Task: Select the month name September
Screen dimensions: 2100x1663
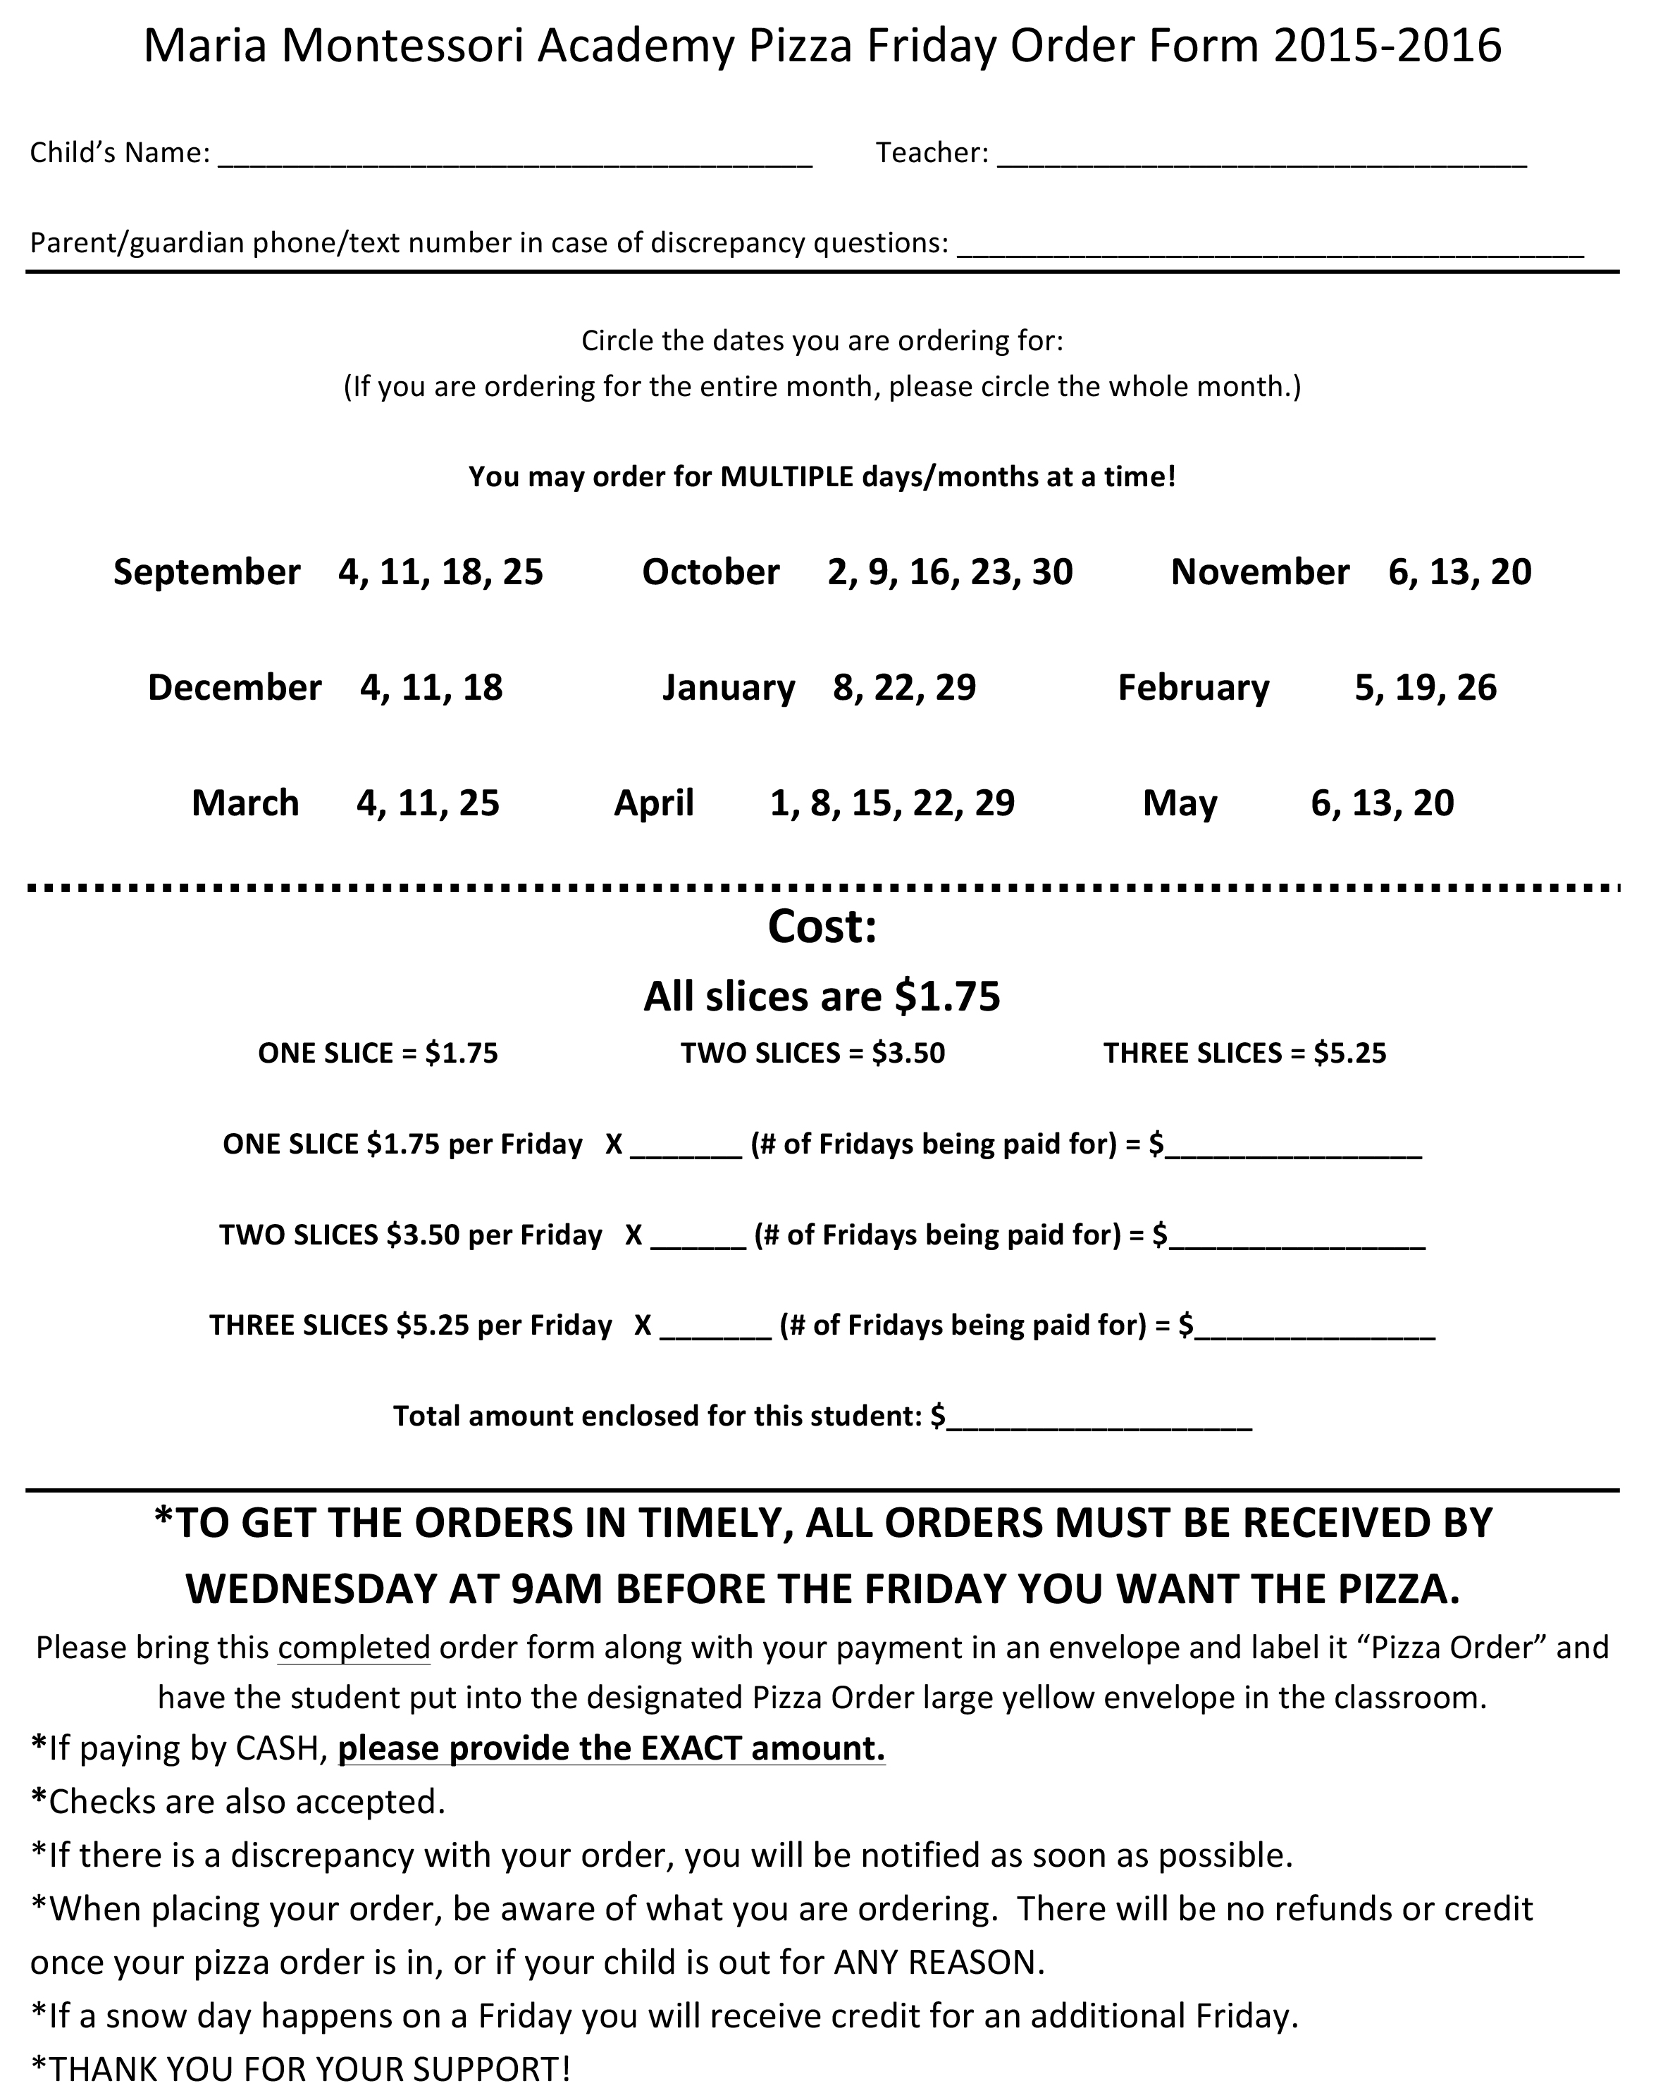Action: (x=206, y=572)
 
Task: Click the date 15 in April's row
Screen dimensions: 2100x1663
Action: (x=875, y=804)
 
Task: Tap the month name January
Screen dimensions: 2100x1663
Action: (x=729, y=688)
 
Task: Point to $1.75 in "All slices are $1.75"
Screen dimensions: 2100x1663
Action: (x=947, y=997)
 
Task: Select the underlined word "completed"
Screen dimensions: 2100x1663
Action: (x=354, y=1648)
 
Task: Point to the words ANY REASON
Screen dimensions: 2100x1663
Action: (x=939, y=1963)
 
